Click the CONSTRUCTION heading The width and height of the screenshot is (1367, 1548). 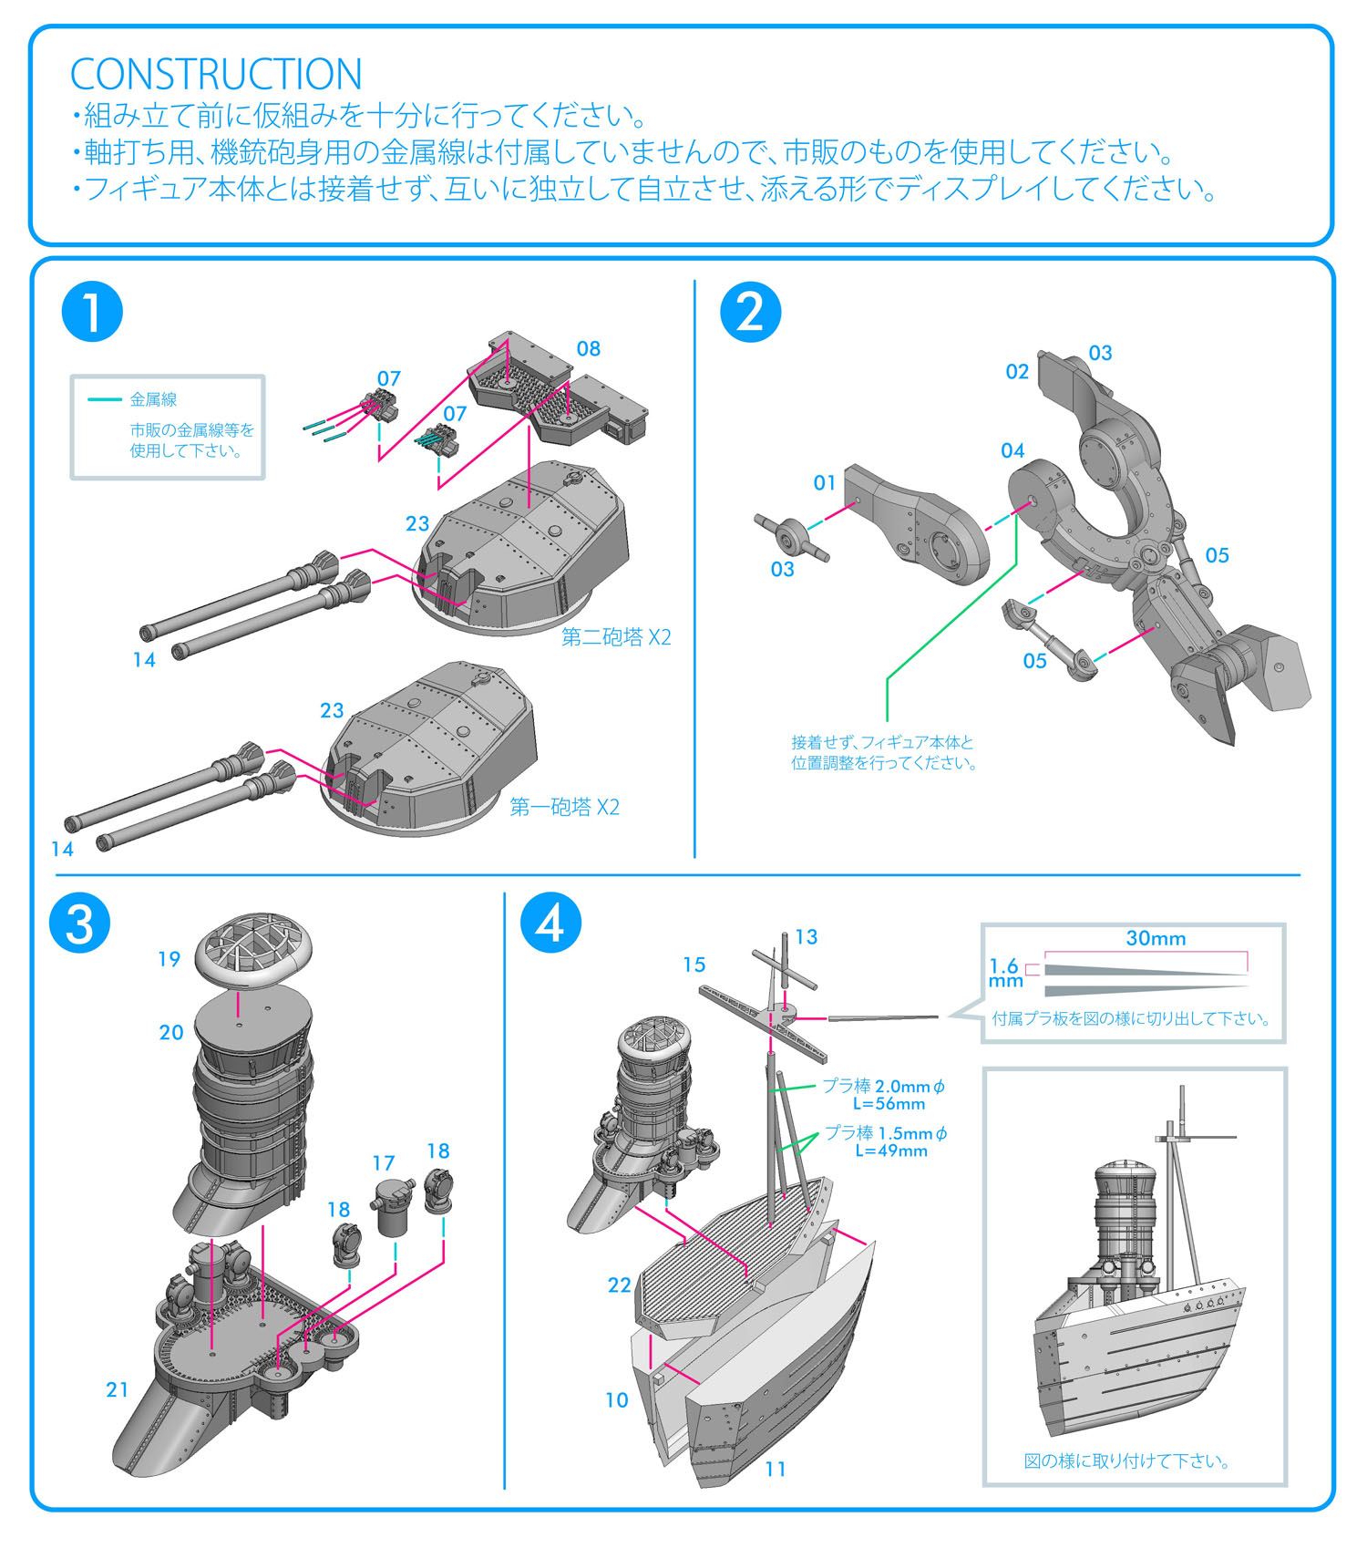216,75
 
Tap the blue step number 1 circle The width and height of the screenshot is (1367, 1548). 92,312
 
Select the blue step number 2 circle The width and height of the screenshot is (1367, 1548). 750,312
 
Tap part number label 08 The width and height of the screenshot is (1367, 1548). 589,349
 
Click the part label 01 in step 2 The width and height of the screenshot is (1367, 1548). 825,482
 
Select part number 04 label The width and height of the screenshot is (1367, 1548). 1012,450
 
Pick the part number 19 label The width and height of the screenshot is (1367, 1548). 170,959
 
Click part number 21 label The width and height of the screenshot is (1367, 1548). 118,1389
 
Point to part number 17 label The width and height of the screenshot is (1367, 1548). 384,1163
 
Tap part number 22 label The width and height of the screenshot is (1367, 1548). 620,1285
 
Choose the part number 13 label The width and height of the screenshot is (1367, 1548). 807,937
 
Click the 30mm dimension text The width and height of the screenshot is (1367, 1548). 1156,938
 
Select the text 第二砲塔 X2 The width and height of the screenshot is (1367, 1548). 616,637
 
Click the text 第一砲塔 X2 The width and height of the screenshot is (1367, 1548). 564,807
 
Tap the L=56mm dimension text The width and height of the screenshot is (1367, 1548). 889,1104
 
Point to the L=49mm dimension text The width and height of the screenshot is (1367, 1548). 890,1151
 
